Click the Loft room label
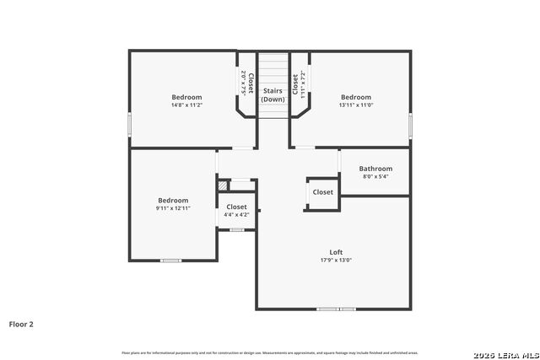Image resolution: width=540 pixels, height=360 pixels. tap(336, 252)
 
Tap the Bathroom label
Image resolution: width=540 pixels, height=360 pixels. tap(375, 169)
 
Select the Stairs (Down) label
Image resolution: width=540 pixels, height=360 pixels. tap(273, 94)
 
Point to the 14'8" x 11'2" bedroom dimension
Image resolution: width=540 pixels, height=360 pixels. tap(186, 105)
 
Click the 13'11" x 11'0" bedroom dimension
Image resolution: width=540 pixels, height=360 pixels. tap(355, 105)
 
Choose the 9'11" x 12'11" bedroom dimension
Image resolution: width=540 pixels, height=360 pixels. tap(172, 207)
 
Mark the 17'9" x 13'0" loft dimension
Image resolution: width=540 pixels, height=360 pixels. tap(336, 260)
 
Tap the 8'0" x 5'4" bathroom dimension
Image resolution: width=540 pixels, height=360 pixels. tap(375, 177)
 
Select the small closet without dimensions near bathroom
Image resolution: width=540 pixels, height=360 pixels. tap(322, 192)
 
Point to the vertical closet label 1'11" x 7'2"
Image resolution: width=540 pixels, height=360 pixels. tap(299, 85)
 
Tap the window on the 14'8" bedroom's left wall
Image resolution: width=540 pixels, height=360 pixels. tap(129, 124)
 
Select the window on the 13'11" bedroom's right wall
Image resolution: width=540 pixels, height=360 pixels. tap(411, 124)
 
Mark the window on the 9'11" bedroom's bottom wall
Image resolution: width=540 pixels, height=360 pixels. tap(171, 261)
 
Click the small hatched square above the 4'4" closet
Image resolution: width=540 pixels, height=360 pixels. tap(222, 185)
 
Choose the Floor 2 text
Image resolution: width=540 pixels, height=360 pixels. tap(21, 324)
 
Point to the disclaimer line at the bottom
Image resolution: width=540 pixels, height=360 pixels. tap(269, 352)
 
